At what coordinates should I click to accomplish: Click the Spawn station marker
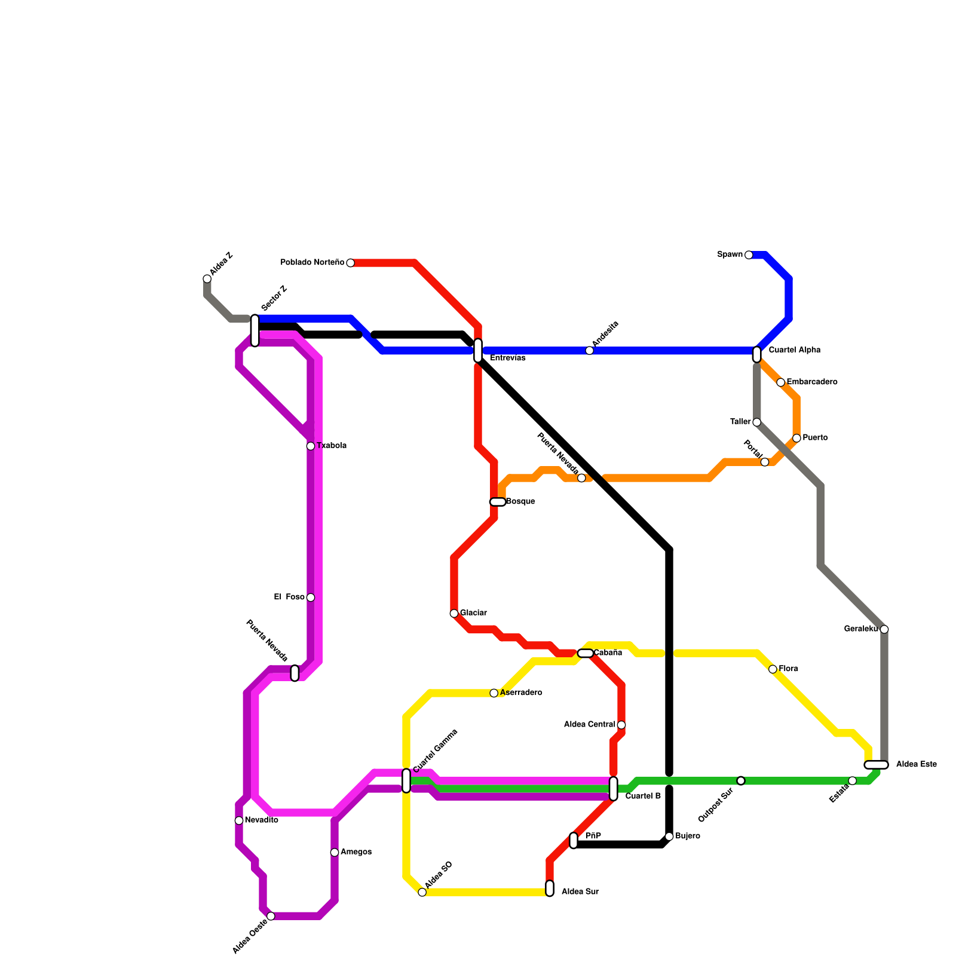click(x=749, y=255)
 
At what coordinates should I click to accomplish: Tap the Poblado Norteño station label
click(x=312, y=263)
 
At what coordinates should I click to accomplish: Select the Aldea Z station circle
click(x=207, y=279)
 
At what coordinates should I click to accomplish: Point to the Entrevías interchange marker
click(x=478, y=351)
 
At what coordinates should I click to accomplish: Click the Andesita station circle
click(x=590, y=351)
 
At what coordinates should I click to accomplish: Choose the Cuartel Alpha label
click(x=794, y=350)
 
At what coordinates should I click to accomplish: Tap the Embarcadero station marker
click(x=780, y=382)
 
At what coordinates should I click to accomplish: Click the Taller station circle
click(x=756, y=422)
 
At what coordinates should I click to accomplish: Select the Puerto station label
click(x=815, y=438)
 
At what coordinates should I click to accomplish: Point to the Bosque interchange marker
click(x=498, y=502)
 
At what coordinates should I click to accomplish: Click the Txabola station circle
click(x=311, y=446)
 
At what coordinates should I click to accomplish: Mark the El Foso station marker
click(x=311, y=597)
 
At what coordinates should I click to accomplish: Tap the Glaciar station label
click(x=473, y=613)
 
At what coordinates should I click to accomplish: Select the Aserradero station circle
click(x=494, y=693)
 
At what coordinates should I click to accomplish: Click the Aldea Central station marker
click(x=621, y=725)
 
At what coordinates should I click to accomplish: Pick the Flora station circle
click(x=773, y=669)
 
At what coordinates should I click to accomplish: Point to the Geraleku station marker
click(x=884, y=629)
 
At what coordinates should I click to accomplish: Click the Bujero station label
click(x=688, y=836)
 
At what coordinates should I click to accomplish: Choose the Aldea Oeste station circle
click(x=271, y=917)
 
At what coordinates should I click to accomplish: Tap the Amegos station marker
click(x=335, y=853)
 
